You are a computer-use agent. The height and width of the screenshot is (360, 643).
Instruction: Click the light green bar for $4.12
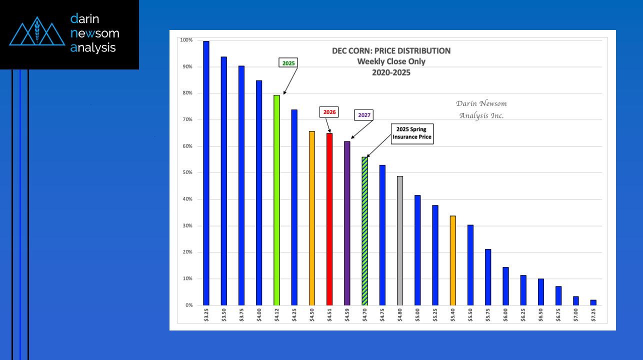click(276, 200)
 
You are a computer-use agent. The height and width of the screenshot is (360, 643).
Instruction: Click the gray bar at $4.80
click(400, 240)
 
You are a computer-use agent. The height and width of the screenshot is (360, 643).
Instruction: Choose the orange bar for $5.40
click(452, 260)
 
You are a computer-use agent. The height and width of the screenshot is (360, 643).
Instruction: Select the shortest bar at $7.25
click(593, 302)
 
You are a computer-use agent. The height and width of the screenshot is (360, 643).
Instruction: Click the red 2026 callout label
click(329, 112)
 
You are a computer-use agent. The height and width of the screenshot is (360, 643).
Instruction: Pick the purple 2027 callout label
click(364, 114)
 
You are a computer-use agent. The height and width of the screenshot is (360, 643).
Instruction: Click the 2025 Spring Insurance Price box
click(412, 133)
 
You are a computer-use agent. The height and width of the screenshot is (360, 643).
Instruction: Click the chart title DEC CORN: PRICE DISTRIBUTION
click(391, 50)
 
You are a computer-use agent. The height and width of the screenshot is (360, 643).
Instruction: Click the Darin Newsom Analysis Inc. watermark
click(481, 109)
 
